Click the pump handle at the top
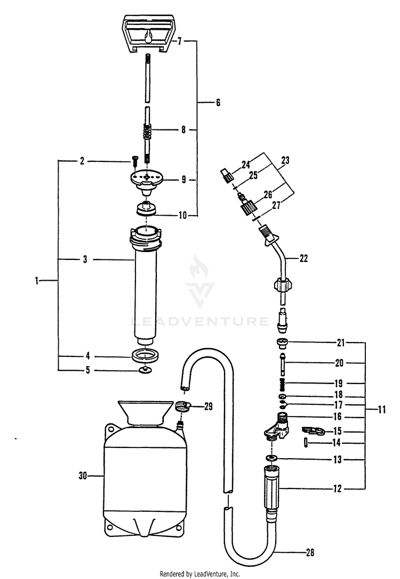(146, 32)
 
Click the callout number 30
(82, 474)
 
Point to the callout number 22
(303, 259)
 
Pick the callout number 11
(381, 410)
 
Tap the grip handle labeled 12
(274, 487)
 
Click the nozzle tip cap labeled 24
(226, 173)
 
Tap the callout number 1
(37, 280)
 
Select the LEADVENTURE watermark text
(200, 321)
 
